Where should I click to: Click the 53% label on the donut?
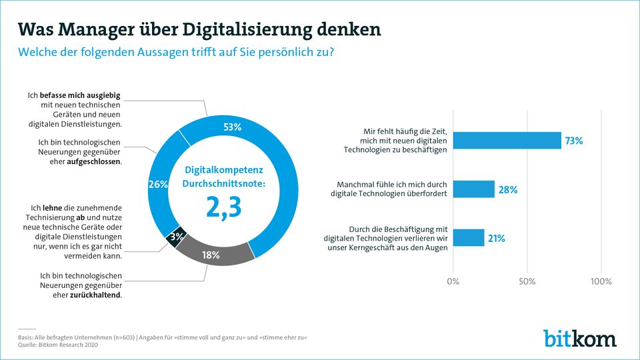(x=231, y=127)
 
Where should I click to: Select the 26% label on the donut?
(x=157, y=185)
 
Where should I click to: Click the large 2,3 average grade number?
(x=223, y=207)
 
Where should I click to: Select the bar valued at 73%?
(x=507, y=141)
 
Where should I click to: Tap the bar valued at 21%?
(x=469, y=237)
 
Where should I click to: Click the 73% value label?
(x=574, y=141)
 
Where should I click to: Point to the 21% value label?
(x=497, y=238)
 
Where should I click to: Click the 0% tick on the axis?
(x=453, y=281)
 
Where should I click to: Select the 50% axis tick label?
(x=527, y=281)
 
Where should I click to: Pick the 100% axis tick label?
(x=601, y=281)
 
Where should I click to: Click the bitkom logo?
(x=579, y=339)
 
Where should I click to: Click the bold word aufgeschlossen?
(x=93, y=162)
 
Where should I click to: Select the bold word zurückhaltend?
(x=95, y=295)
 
